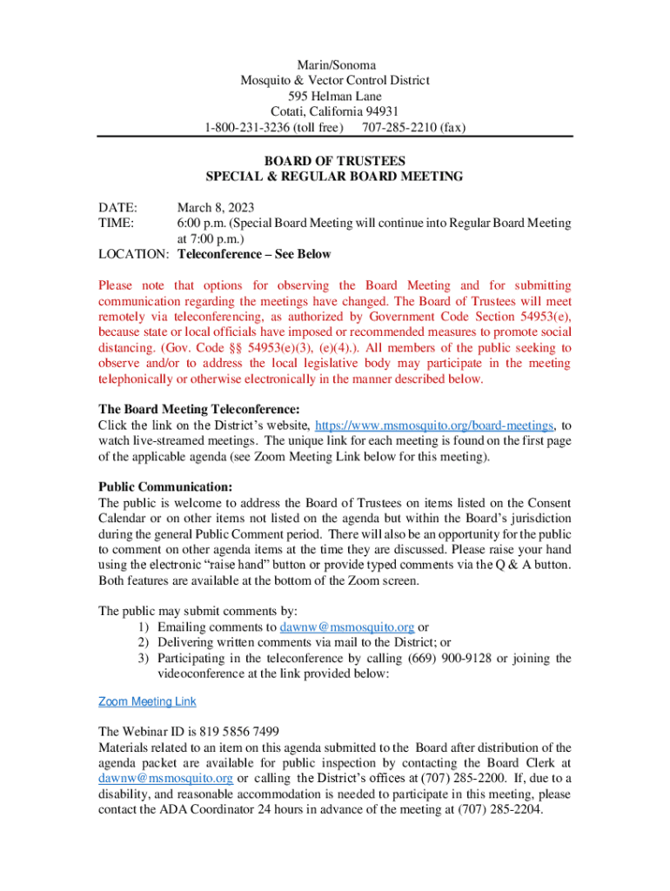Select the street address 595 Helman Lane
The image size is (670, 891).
[x=335, y=96]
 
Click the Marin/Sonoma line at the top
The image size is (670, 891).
[x=335, y=64]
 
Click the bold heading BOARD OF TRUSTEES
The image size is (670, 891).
[x=335, y=161]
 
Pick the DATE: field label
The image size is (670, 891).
[x=117, y=207]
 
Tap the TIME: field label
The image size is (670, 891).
[x=116, y=223]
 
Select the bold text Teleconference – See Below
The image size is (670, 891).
[x=254, y=255]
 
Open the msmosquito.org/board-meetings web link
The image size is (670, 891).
[x=433, y=425]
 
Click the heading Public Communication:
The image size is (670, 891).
[x=165, y=487]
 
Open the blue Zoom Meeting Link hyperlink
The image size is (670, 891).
[x=147, y=701]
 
